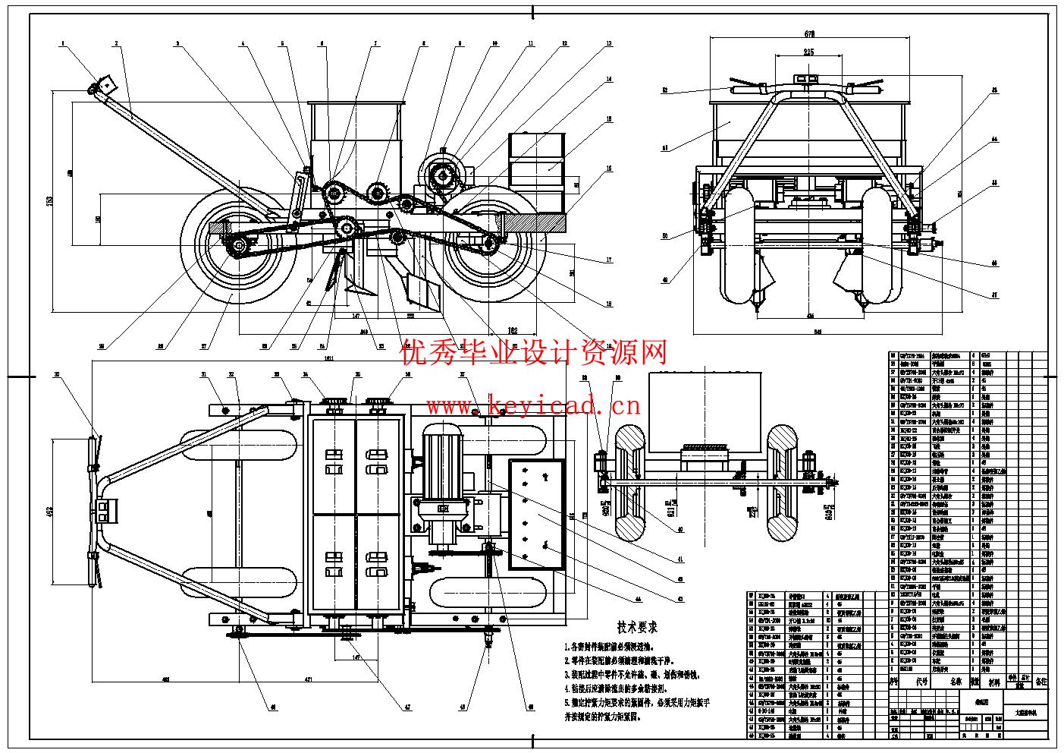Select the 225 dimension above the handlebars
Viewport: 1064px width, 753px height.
(807, 52)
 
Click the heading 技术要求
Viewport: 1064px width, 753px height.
(637, 628)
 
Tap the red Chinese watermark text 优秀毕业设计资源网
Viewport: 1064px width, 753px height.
(534, 352)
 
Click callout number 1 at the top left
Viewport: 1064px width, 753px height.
(64, 44)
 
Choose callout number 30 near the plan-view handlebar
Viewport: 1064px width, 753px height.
(57, 375)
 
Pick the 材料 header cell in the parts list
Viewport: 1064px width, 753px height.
(994, 682)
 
